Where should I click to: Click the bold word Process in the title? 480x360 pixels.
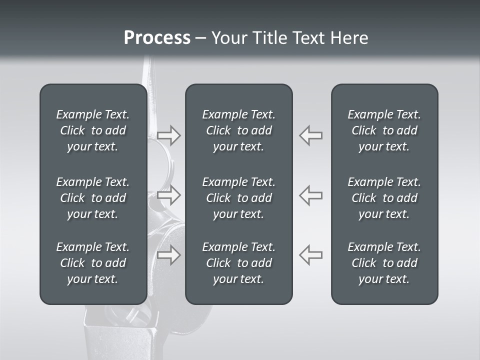pyautogui.click(x=157, y=38)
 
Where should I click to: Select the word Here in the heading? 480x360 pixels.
pyautogui.click(x=349, y=38)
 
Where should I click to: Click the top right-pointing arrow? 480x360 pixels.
pyautogui.click(x=169, y=135)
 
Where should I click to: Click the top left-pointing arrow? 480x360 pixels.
pyautogui.click(x=310, y=135)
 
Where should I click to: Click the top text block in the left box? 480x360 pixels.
pyautogui.click(x=93, y=130)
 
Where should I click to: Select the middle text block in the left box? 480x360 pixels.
pyautogui.click(x=93, y=198)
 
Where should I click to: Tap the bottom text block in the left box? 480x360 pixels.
pyautogui.click(x=93, y=263)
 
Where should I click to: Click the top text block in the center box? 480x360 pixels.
pyautogui.click(x=238, y=130)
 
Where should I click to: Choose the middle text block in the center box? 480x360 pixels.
pyautogui.click(x=238, y=198)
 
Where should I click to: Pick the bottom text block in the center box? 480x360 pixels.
pyautogui.click(x=238, y=263)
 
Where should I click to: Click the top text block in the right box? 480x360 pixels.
pyautogui.click(x=384, y=130)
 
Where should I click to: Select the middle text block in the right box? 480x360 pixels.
pyautogui.click(x=384, y=198)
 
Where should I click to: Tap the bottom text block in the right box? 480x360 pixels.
pyautogui.click(x=384, y=263)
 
